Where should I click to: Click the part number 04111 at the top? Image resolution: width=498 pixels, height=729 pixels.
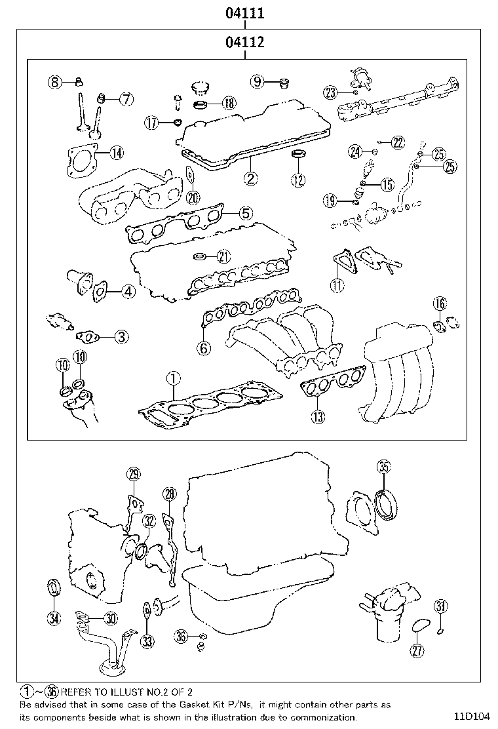coord(244,12)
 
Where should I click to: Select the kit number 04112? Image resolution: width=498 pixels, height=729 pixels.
coord(244,43)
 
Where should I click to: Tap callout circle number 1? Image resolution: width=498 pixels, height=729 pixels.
coord(172,378)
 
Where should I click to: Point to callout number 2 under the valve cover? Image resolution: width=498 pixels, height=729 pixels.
coord(250,176)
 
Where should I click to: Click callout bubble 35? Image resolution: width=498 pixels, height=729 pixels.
coord(384,467)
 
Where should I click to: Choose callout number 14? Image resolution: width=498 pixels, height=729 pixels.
coord(115,153)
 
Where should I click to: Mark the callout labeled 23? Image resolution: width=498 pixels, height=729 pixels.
coord(330,92)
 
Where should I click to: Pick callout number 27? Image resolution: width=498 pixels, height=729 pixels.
coord(417,650)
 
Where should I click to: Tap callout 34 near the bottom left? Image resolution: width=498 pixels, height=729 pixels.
coord(54,617)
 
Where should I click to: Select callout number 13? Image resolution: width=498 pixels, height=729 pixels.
coord(317,416)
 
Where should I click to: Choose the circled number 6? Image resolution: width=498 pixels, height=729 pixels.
coord(204,347)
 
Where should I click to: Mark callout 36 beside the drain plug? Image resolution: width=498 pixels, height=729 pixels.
coord(182,635)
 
